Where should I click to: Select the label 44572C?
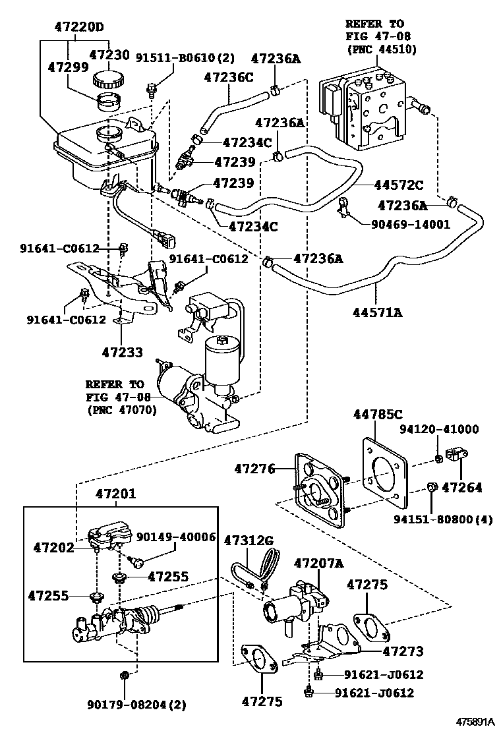click(x=399, y=186)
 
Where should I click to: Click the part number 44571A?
click(x=379, y=312)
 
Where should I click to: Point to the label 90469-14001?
click(x=406, y=224)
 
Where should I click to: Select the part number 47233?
click(x=122, y=353)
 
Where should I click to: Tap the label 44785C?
click(x=376, y=415)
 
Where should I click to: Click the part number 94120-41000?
click(x=448, y=429)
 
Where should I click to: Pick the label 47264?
click(x=461, y=488)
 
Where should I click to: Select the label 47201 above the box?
click(x=116, y=494)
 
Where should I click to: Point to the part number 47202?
click(x=55, y=547)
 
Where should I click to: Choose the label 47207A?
click(x=319, y=563)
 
